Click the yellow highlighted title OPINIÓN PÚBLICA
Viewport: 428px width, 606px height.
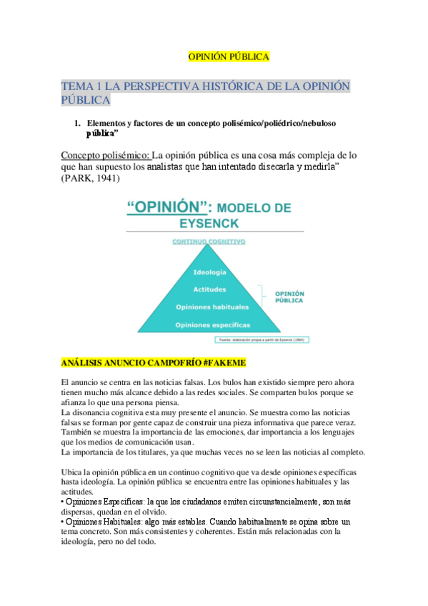[x=228, y=56]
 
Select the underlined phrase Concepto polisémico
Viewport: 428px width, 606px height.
[x=105, y=155]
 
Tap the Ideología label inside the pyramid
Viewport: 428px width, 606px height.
[x=209, y=273]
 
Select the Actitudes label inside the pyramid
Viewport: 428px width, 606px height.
[x=209, y=289]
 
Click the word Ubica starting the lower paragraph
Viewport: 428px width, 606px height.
[x=74, y=472]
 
